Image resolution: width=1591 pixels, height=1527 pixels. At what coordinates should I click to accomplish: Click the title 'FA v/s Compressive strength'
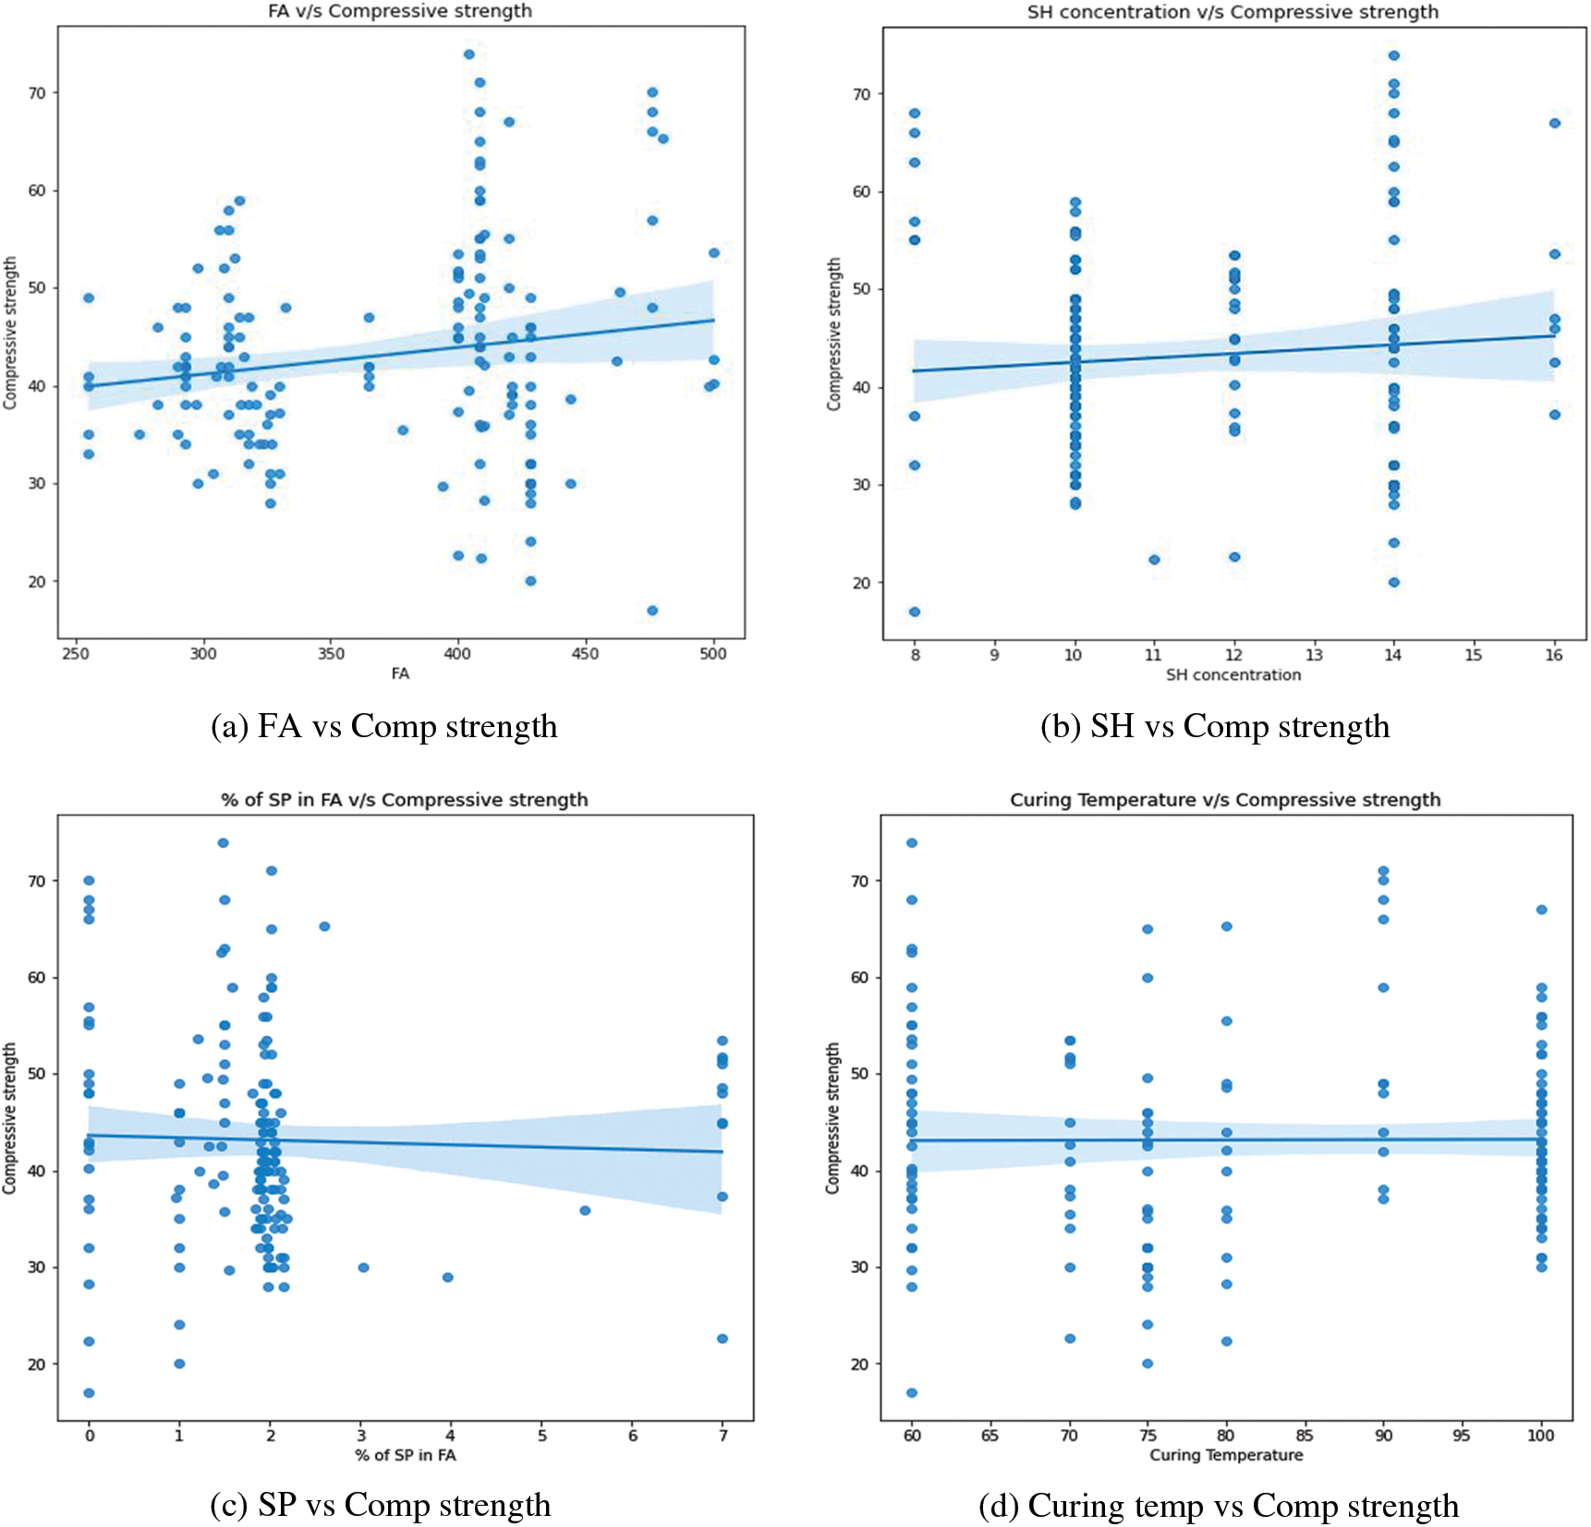(399, 11)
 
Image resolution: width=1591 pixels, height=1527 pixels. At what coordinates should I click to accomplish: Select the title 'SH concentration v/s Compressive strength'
(1233, 12)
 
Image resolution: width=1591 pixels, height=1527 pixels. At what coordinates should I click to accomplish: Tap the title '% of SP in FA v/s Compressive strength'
(404, 800)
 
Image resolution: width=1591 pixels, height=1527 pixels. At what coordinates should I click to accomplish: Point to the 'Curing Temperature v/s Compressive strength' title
(1224, 800)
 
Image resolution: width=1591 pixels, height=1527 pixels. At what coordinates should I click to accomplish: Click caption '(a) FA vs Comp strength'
(383, 727)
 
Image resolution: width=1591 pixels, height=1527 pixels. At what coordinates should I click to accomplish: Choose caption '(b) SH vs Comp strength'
(1214, 727)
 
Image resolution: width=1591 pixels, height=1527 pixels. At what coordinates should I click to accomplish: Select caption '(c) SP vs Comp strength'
(380, 1506)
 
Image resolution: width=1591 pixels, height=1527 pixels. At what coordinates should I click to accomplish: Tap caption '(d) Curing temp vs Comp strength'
(1218, 1507)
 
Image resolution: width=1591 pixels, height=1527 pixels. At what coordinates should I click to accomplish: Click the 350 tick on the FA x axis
(331, 654)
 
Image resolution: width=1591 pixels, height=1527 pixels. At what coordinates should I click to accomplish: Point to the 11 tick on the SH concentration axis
(1153, 655)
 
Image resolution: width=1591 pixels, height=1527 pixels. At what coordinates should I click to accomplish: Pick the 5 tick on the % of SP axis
(542, 1436)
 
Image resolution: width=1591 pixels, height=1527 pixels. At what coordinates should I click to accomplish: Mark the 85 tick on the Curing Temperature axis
(1304, 1436)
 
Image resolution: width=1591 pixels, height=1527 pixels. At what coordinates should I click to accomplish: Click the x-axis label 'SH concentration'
(1233, 675)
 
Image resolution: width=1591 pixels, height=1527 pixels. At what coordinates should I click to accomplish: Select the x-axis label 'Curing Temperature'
(1225, 1456)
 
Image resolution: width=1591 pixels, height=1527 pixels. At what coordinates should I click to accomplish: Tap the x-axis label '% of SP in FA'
(405, 1456)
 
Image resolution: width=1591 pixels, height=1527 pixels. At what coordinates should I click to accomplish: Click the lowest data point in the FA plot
(652, 611)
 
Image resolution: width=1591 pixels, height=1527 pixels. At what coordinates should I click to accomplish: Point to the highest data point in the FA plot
(469, 55)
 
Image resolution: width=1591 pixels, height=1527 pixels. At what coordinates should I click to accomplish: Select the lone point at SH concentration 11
(1154, 560)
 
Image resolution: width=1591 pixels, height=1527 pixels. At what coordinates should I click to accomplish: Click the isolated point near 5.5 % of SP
(585, 1210)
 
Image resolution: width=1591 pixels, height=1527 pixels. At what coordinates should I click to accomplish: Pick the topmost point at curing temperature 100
(1541, 910)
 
